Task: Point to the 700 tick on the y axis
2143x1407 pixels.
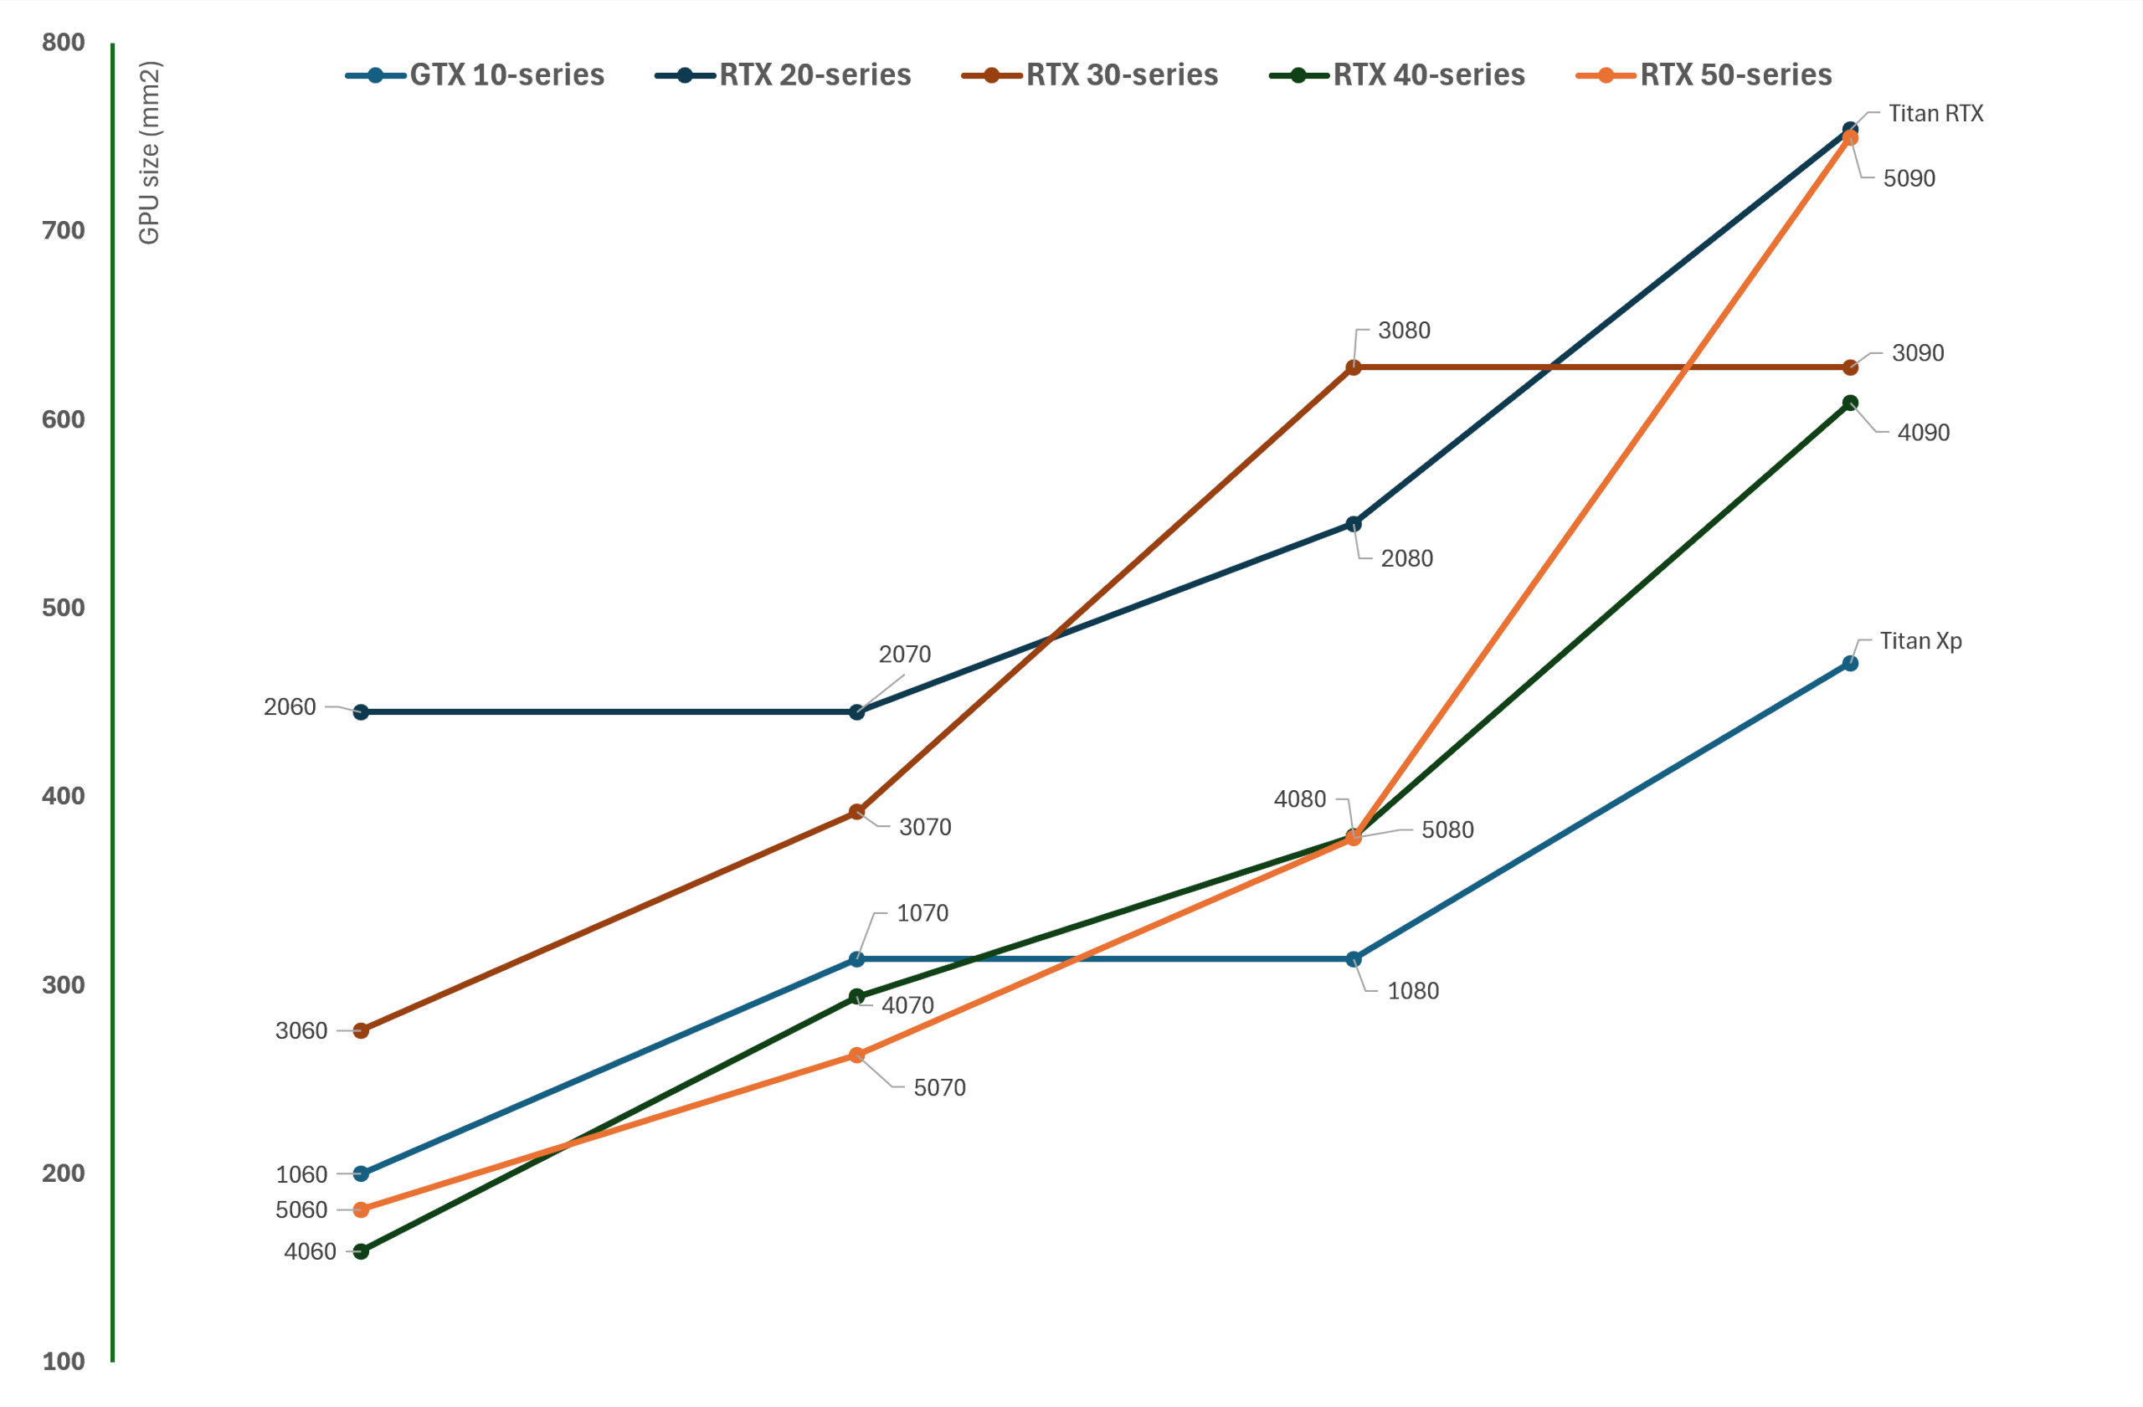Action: click(x=63, y=230)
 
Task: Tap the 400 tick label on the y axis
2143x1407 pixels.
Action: click(x=63, y=796)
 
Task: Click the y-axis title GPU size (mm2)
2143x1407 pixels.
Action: click(x=150, y=152)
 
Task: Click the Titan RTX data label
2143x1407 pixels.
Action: click(x=1935, y=114)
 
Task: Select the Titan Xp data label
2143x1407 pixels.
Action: click(x=1919, y=641)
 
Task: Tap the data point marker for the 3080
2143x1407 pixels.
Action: click(x=1353, y=367)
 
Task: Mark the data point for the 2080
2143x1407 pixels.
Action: click(x=1353, y=524)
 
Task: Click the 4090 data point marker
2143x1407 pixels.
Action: click(x=1849, y=403)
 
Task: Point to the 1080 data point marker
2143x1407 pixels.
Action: click(x=1353, y=959)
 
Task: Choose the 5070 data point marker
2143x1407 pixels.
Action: click(x=856, y=1055)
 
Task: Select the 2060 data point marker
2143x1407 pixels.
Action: click(x=360, y=712)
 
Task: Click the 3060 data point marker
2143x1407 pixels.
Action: click(x=360, y=1030)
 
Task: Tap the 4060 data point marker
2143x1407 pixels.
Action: click(x=360, y=1251)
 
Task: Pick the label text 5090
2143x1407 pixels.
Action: click(x=1909, y=178)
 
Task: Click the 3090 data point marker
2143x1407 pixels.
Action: click(x=1849, y=367)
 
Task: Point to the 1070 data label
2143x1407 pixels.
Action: click(x=922, y=913)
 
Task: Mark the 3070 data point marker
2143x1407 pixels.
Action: click(x=856, y=812)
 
